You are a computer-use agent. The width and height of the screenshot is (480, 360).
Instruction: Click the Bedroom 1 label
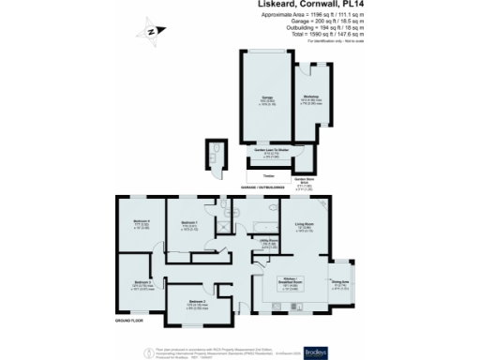pyautogui.click(x=187, y=223)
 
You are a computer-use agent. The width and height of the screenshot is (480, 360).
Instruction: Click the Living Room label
pyautogui.click(x=302, y=224)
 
